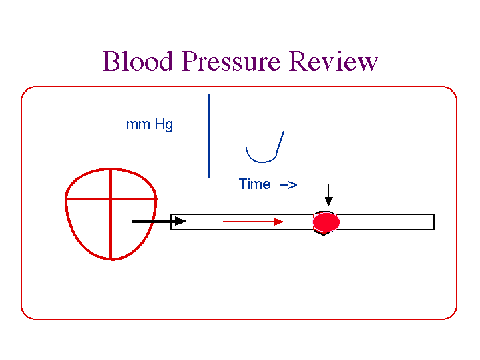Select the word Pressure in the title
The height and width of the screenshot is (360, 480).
tap(232, 61)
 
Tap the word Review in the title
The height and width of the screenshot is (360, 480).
tap(333, 61)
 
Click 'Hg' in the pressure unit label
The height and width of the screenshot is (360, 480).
tap(164, 125)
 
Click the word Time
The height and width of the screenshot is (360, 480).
tap(254, 184)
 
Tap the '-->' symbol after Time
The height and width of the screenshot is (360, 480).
tap(288, 184)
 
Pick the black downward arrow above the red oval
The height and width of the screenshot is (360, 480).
tap(328, 195)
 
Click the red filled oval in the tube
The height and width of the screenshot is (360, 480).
tap(327, 222)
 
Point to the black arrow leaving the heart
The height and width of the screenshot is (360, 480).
tap(159, 221)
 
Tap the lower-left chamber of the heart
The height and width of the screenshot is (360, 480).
tap(91, 224)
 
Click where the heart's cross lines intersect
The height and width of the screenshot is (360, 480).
tap(111, 198)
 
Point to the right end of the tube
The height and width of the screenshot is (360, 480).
tap(433, 222)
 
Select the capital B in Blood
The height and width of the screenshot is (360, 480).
tap(111, 61)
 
